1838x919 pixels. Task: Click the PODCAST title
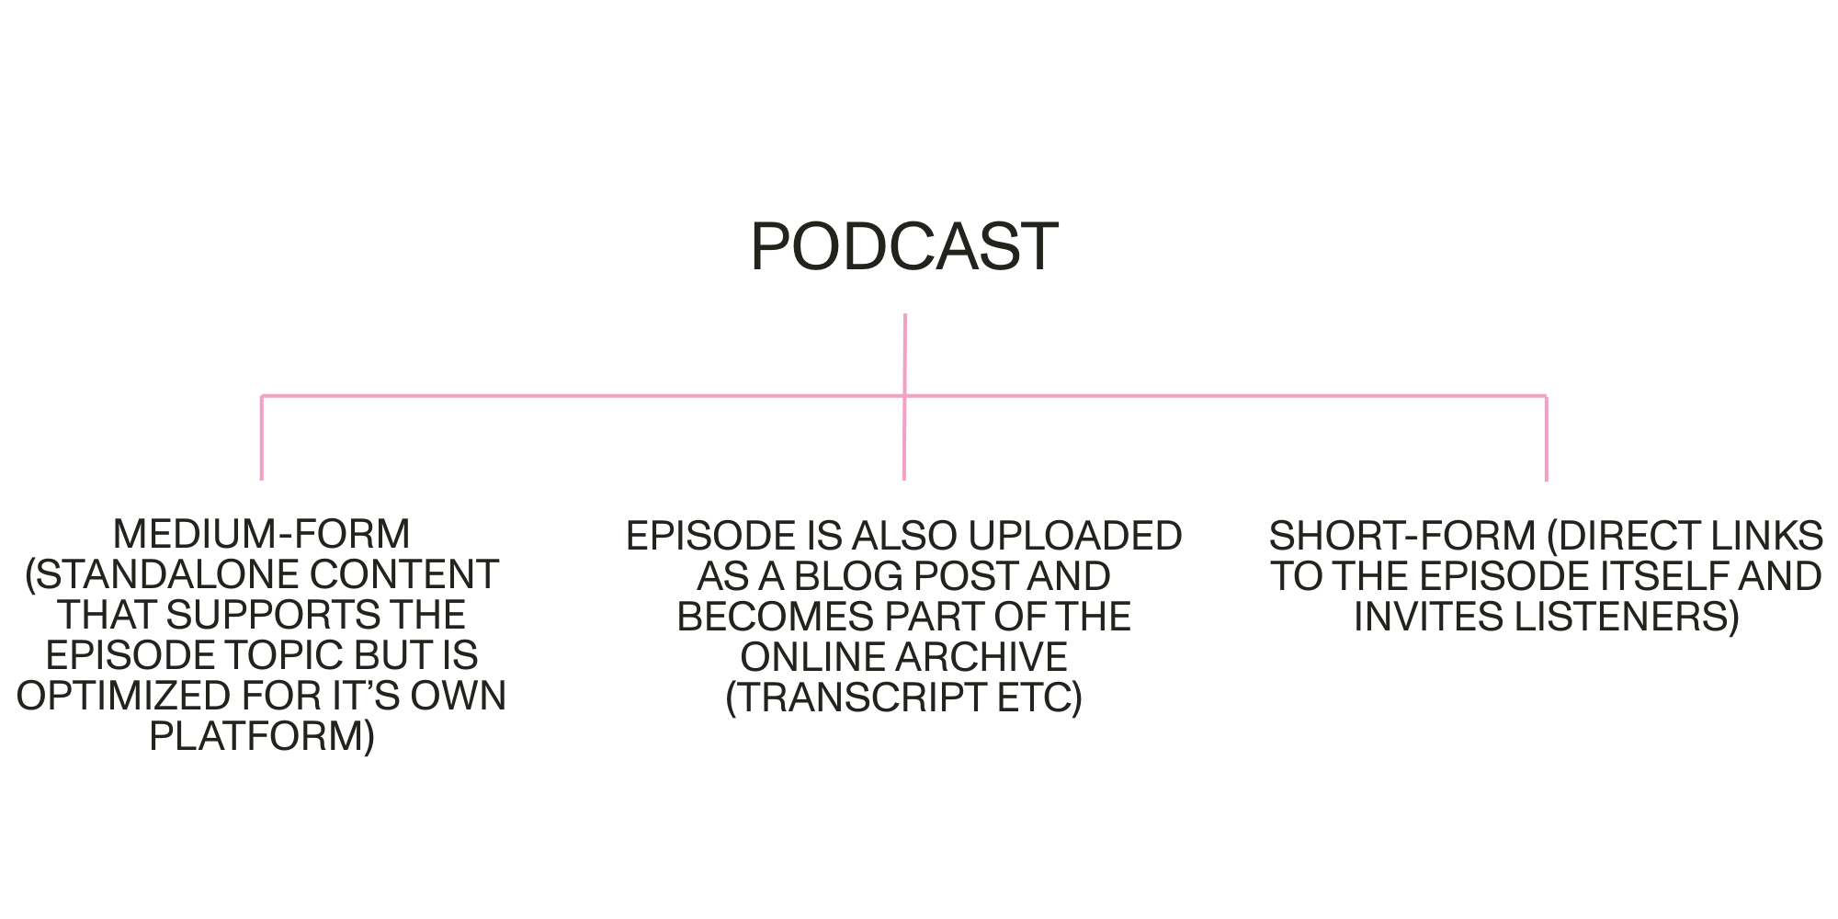coord(904,246)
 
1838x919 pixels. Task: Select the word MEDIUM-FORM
coord(261,534)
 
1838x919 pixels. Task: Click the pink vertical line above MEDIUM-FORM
coord(262,437)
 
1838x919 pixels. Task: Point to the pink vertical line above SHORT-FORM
coord(1546,437)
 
